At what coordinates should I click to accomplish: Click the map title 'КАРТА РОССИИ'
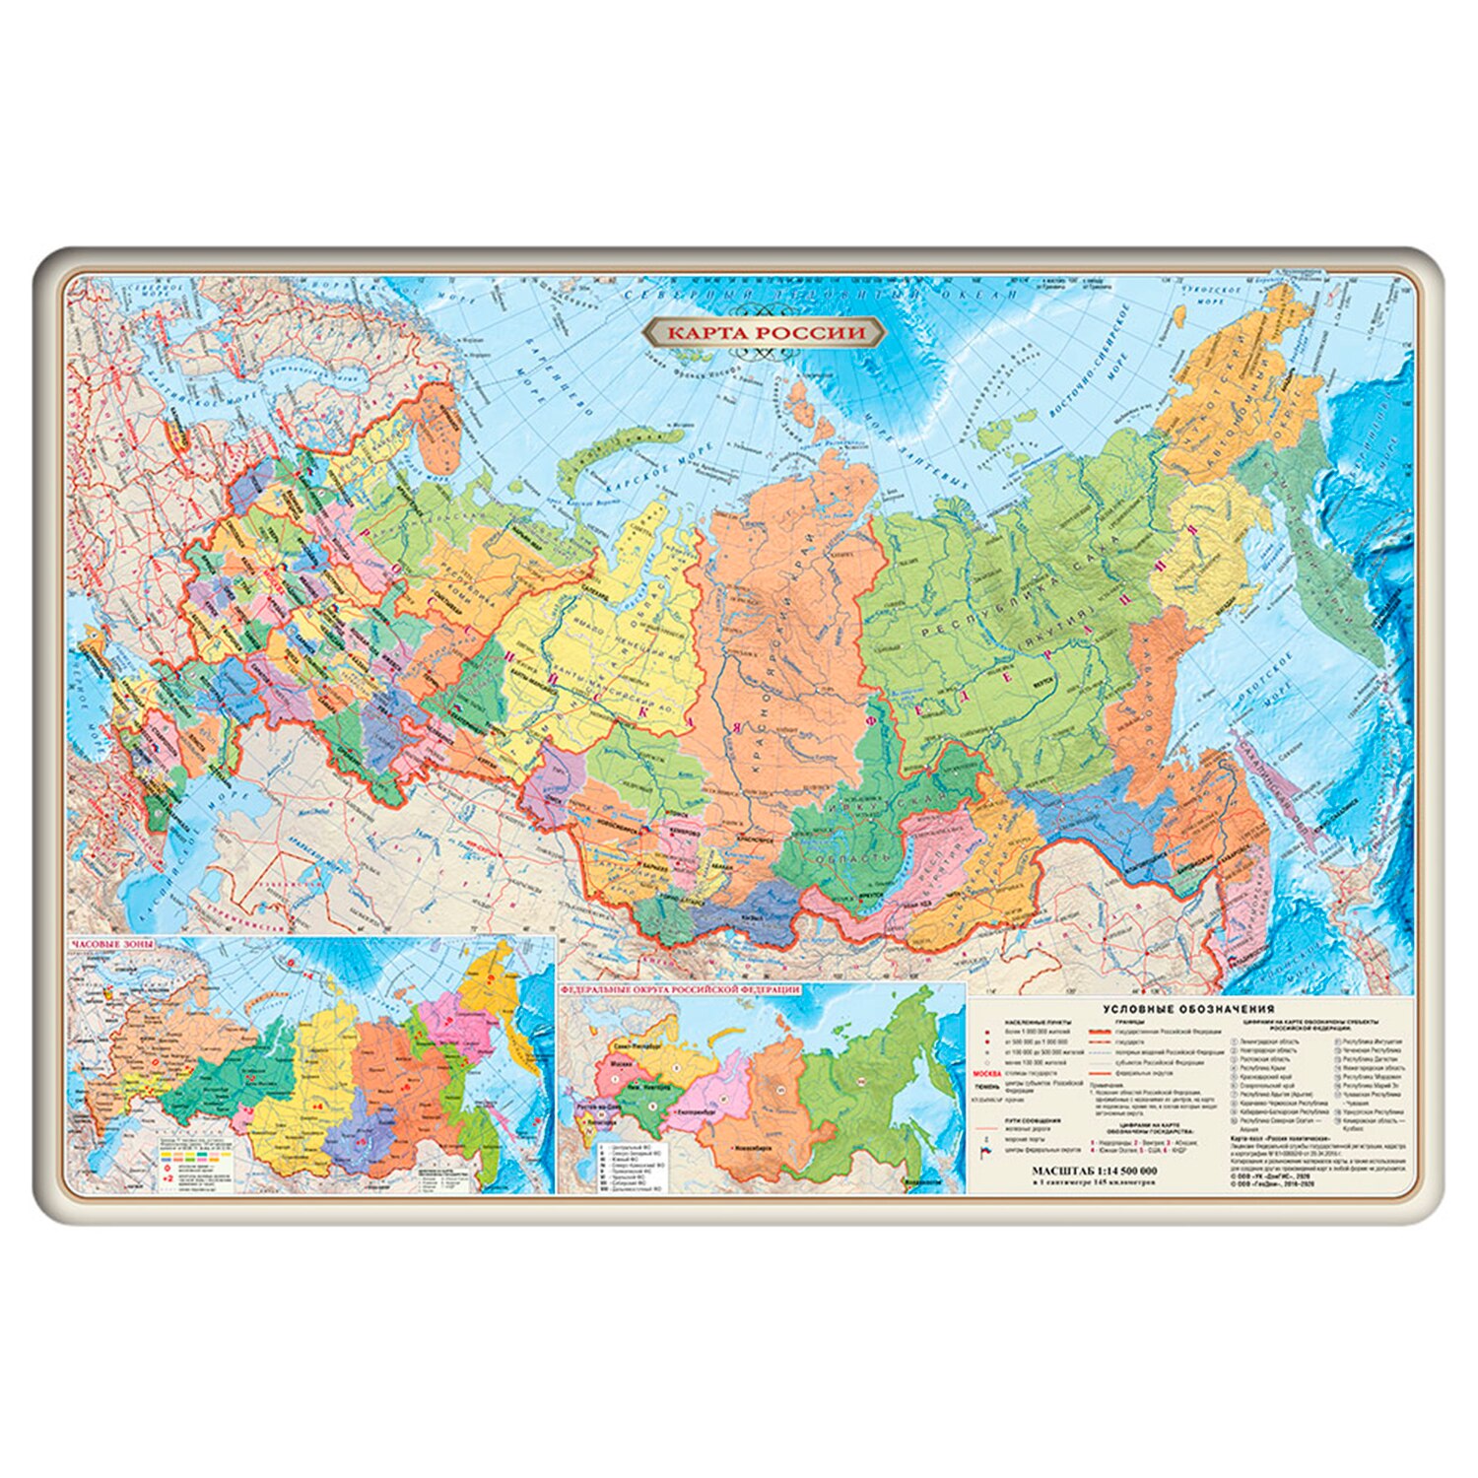(765, 333)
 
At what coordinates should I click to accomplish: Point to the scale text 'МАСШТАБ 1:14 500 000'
(1094, 1171)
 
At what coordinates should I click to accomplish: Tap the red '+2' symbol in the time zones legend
(168, 1177)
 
